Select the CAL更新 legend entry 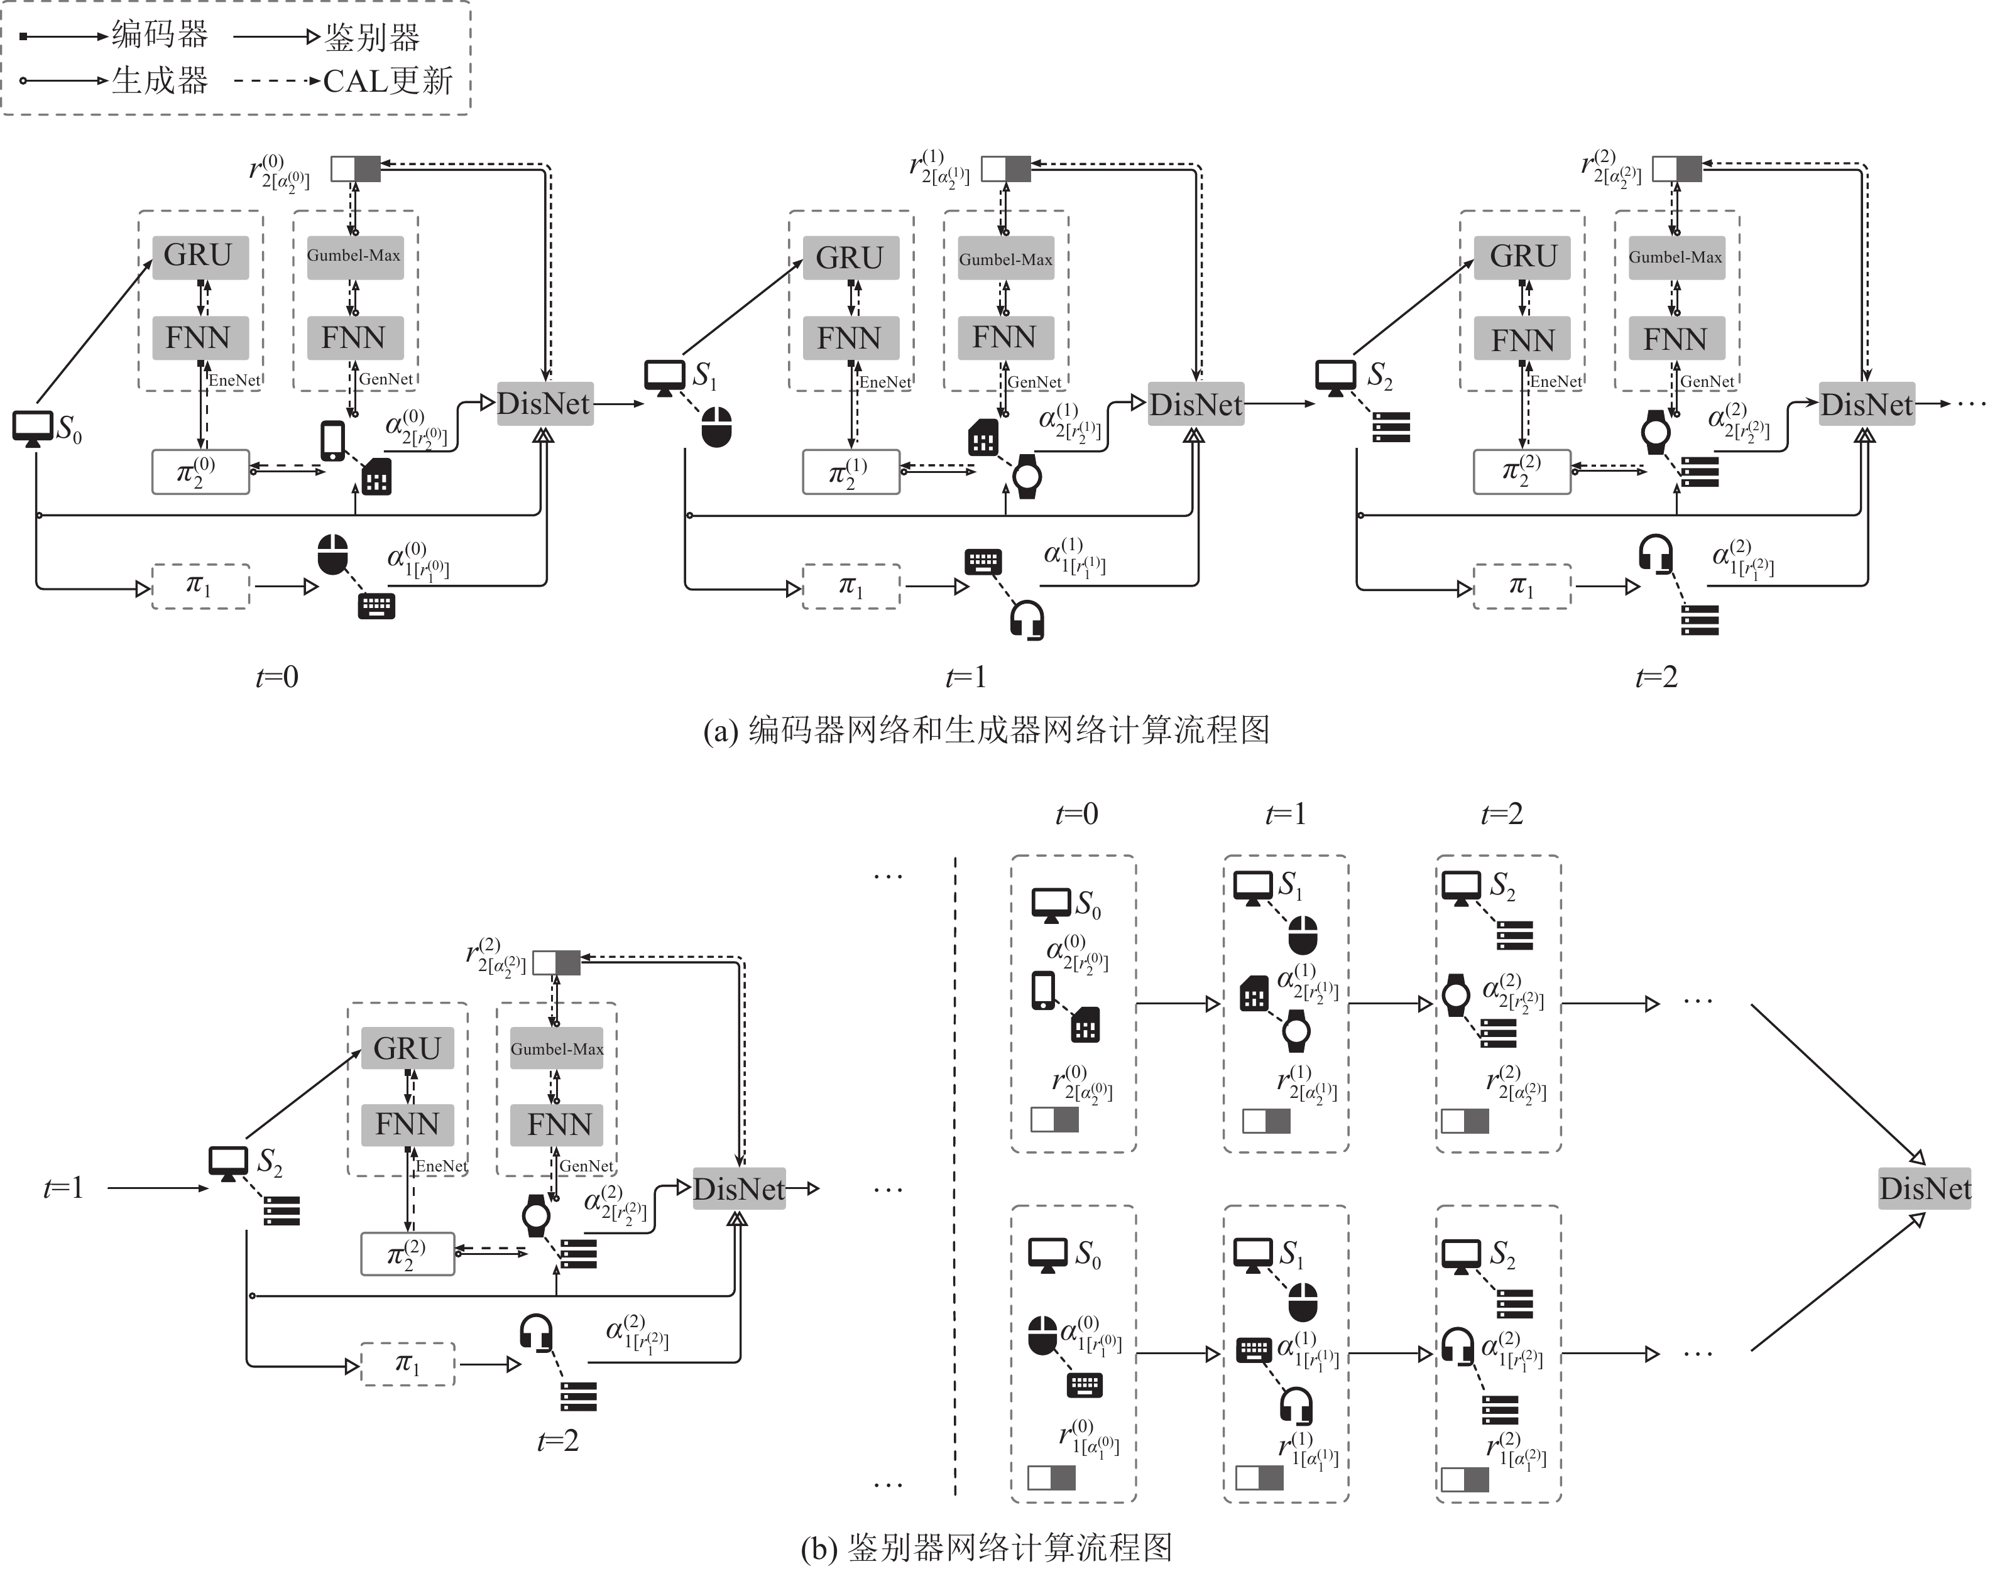tap(388, 81)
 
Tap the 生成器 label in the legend tap(160, 81)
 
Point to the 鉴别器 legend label tap(372, 37)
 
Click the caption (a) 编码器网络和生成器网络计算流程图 tap(987, 730)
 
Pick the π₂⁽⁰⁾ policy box tap(200, 472)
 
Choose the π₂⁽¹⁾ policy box tap(851, 472)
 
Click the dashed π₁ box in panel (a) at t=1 tap(851, 586)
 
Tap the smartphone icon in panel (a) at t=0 tap(332, 441)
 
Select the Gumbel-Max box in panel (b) tap(557, 1048)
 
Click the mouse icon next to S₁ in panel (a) tap(716, 427)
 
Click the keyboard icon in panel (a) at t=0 tap(376, 605)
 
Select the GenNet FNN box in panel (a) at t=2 tap(1676, 339)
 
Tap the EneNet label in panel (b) tap(442, 1166)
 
